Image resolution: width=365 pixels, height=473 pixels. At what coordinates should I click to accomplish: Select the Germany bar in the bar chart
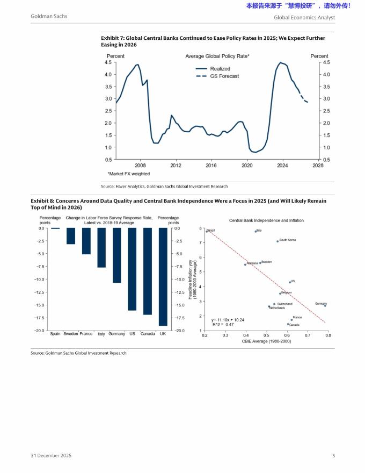tap(116, 255)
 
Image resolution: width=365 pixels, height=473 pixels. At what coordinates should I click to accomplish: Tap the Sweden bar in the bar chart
tap(70, 236)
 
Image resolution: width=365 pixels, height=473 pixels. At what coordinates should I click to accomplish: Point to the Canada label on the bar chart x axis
tap(148, 334)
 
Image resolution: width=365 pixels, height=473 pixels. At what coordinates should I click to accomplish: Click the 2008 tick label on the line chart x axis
tap(140, 166)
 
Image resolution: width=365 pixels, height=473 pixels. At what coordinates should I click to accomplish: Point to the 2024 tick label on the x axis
tap(283, 166)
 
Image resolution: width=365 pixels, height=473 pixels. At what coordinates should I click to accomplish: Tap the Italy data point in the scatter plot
tap(255, 231)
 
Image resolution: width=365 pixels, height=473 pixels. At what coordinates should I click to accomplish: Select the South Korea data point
tap(278, 241)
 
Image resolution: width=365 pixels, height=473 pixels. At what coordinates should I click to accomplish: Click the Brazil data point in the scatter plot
tap(207, 231)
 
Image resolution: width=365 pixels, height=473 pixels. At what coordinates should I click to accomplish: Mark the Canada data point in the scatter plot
tap(288, 324)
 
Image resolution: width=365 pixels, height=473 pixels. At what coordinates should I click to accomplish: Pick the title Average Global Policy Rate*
tap(217, 56)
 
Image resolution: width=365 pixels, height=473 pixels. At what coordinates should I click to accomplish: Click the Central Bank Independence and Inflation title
tap(266, 220)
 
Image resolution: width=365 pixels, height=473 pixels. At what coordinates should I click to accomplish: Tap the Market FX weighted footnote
tap(129, 174)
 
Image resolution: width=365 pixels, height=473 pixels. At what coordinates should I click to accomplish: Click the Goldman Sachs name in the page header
tap(49, 16)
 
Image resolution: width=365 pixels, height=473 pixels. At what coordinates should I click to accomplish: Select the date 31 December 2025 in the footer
tap(51, 456)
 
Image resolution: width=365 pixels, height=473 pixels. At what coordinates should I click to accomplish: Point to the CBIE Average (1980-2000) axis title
tap(266, 341)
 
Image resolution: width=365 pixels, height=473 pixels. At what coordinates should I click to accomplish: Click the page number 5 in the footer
tap(333, 456)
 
